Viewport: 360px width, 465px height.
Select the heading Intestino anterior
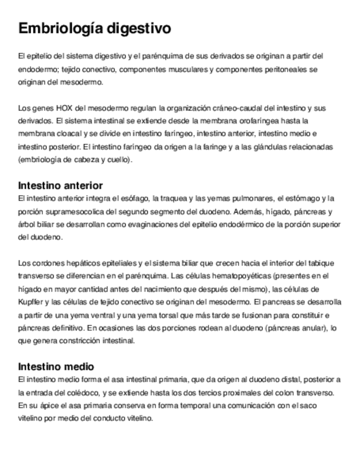coord(60,185)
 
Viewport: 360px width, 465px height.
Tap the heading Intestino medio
coord(56,366)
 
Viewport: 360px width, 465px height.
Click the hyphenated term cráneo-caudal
coord(222,109)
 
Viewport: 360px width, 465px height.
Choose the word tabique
coord(322,263)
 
